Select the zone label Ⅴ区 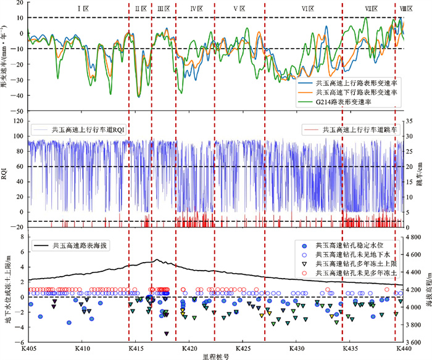click(239, 9)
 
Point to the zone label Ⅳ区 click(197, 9)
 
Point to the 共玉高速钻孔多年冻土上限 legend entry click(355, 264)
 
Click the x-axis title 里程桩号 click(215, 356)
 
